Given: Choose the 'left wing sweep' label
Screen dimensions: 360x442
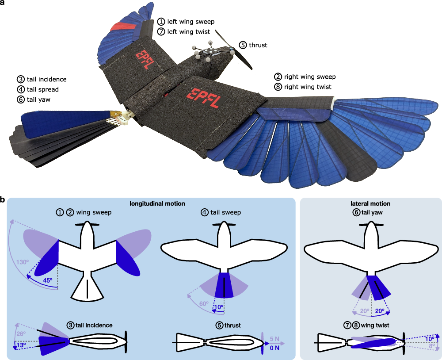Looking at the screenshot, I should pos(185,21).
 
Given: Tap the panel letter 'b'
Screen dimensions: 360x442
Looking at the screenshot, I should pos(3,200).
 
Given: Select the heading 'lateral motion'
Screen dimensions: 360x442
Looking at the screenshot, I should pos(370,204).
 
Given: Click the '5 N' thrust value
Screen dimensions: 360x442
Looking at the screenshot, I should pos(274,339).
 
